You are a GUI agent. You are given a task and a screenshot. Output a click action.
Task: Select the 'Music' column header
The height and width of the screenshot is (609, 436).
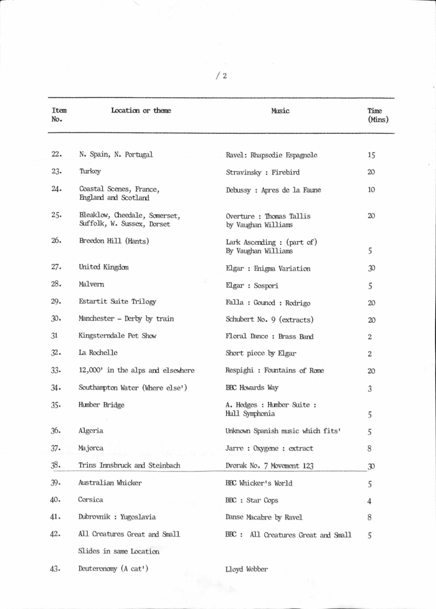coord(280,111)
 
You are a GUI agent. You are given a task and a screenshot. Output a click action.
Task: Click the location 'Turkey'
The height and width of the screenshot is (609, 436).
coord(90,171)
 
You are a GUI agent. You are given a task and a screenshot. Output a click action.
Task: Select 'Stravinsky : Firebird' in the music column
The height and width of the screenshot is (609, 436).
coord(264,172)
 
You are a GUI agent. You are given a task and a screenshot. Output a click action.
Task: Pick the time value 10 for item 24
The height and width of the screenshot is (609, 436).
coord(371,189)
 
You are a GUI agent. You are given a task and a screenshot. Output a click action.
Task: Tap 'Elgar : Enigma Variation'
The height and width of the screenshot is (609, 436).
coord(268,269)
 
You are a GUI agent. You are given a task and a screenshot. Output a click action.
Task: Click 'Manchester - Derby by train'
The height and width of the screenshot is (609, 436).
coord(126,319)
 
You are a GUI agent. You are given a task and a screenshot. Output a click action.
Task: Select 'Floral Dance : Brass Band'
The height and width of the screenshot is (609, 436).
coord(269,337)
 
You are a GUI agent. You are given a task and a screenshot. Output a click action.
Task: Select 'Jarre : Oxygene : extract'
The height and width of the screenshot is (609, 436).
coord(269,448)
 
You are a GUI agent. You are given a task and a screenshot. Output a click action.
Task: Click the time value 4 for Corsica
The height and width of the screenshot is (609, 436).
coord(370,501)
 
